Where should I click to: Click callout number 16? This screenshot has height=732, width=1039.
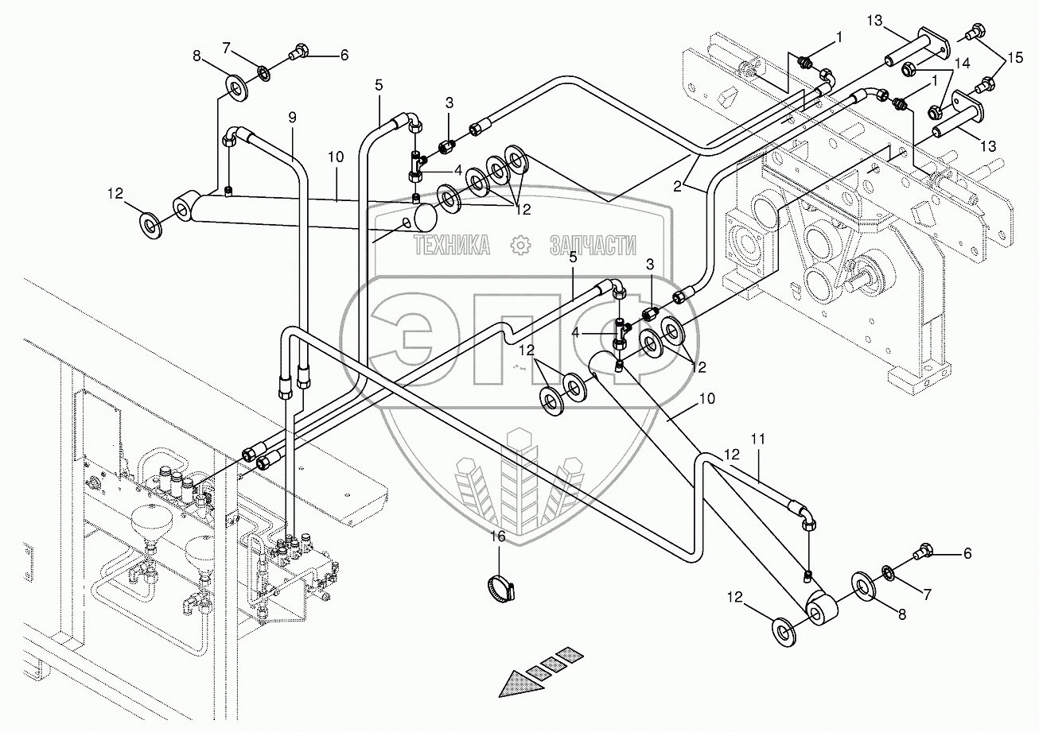(x=497, y=537)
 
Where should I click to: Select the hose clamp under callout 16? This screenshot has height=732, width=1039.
(x=501, y=590)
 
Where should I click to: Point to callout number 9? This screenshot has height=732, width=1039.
(x=292, y=117)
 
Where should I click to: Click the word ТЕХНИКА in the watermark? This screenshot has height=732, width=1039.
(x=451, y=246)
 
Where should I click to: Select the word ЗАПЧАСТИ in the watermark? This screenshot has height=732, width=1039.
(x=593, y=246)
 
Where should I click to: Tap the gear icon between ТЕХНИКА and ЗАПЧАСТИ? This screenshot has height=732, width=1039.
(x=521, y=246)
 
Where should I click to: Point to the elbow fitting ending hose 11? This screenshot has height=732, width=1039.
(x=805, y=517)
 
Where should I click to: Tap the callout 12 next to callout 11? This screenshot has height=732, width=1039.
(x=732, y=455)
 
